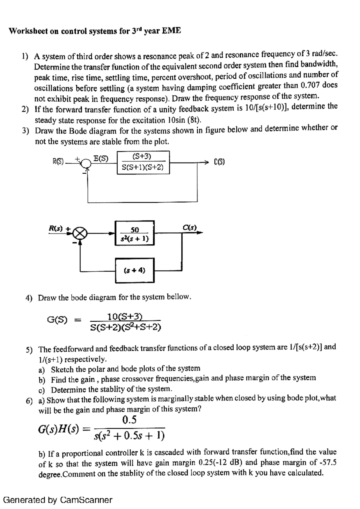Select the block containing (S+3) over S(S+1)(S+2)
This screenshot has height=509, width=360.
143,162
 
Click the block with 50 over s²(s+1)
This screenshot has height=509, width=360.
135,233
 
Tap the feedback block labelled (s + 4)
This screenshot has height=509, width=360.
135,270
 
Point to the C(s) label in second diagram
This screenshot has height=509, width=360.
190,228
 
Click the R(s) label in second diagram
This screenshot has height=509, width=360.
56,228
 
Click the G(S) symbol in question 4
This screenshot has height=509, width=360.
57,320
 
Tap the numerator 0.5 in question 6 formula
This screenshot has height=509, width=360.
130,420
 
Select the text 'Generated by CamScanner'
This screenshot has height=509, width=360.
58,500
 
